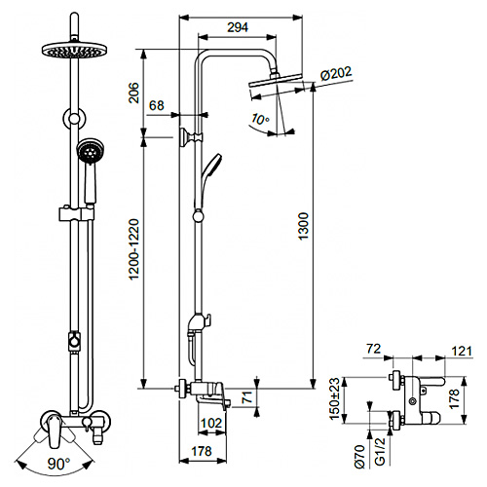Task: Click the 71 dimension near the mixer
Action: (x=246, y=396)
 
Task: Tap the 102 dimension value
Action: (x=206, y=424)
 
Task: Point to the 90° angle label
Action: (x=60, y=464)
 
